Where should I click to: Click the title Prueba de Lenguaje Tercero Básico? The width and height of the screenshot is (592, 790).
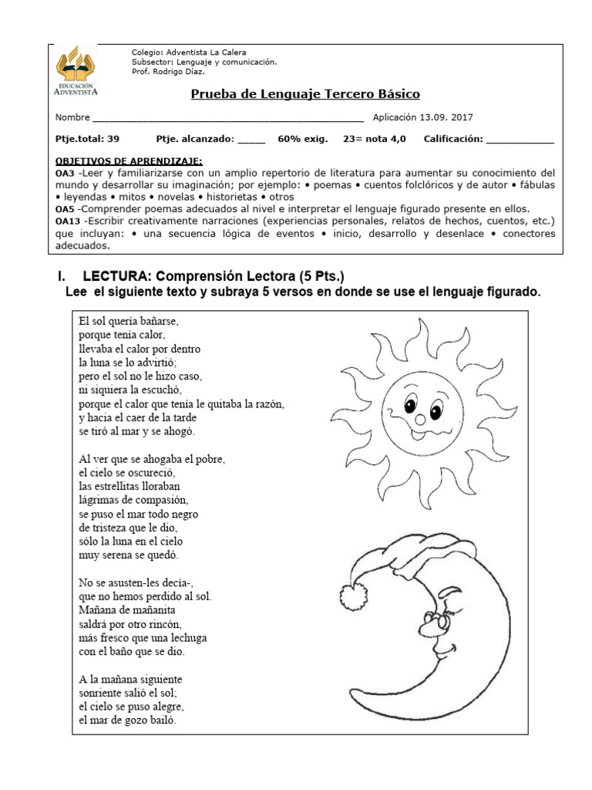pos(304,94)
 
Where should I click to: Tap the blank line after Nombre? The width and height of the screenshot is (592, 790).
pos(227,119)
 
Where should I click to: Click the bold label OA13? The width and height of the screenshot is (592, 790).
pos(68,220)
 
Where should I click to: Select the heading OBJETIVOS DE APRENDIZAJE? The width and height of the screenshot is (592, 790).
pos(129,161)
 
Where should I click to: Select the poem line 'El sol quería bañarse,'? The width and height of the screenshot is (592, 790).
pos(133,319)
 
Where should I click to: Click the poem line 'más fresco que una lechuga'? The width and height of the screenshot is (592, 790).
pos(143,638)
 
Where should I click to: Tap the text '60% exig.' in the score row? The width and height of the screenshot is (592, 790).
pos(302,139)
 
